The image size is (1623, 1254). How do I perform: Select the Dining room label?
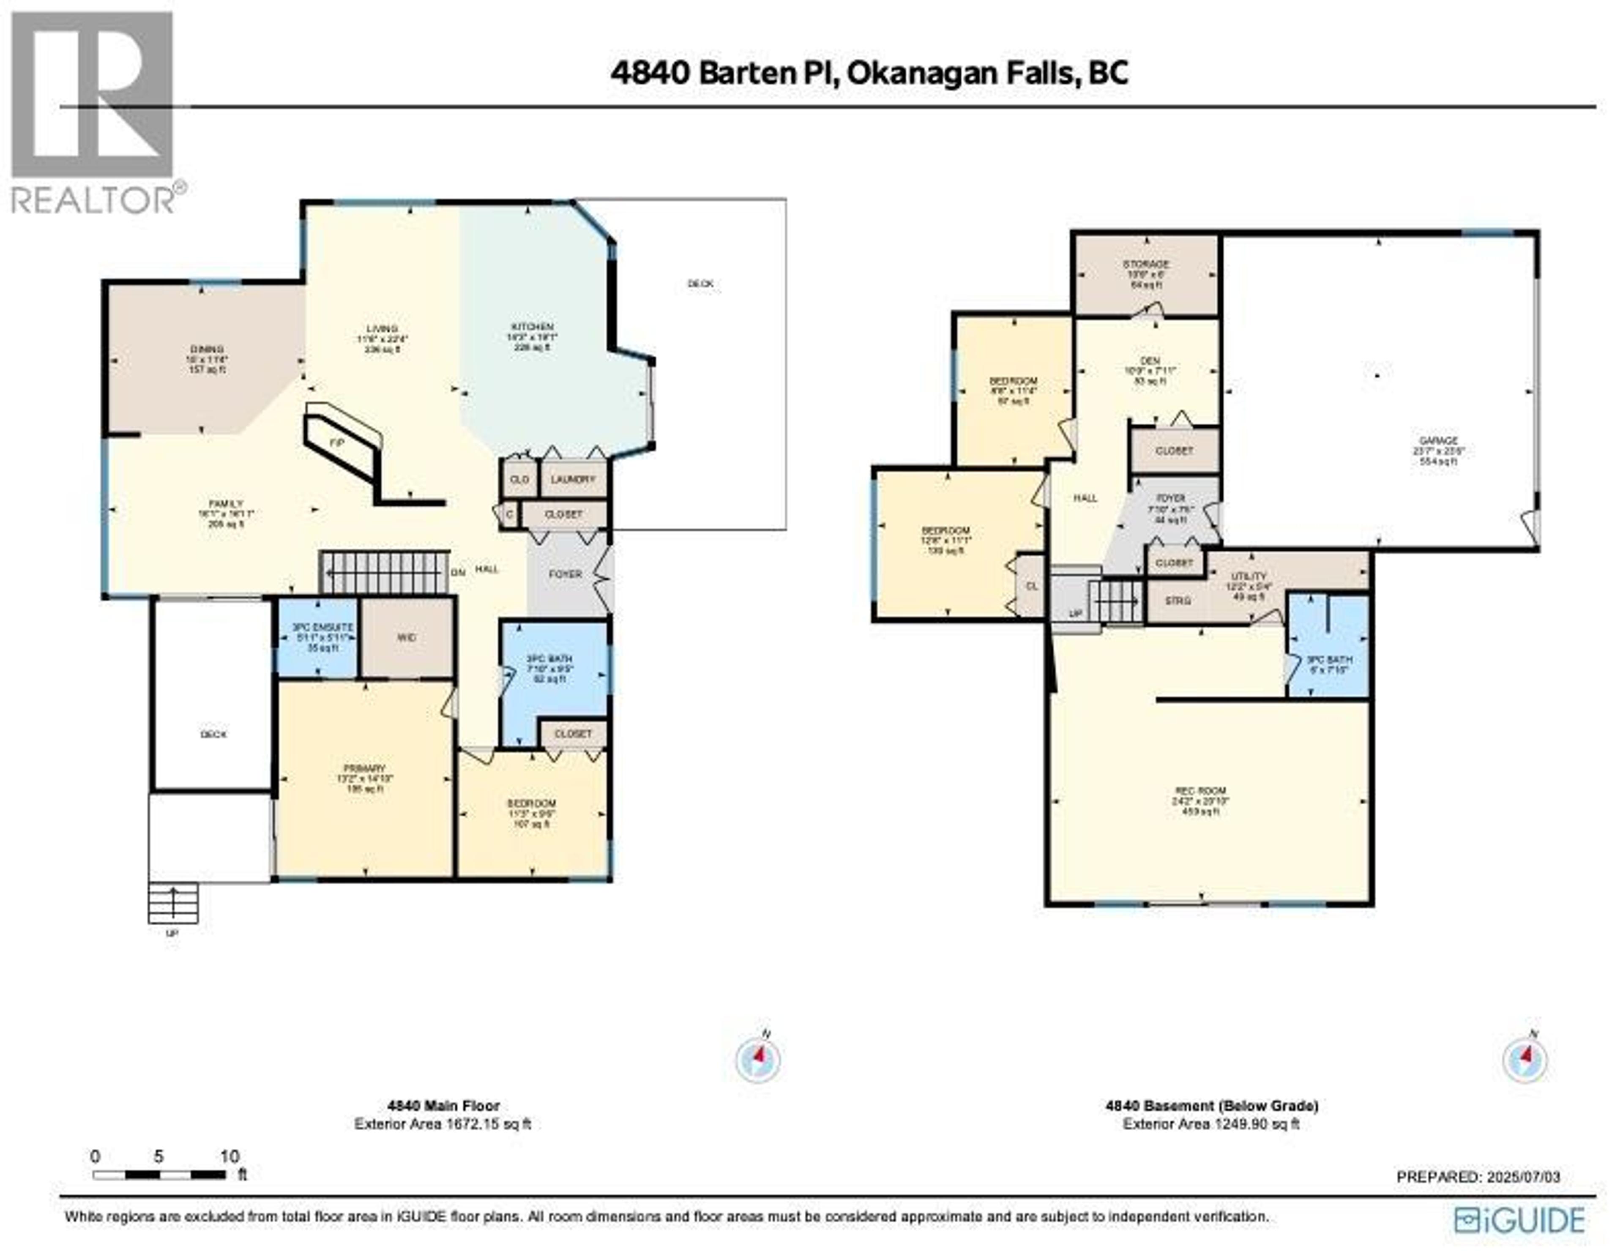pyautogui.click(x=206, y=350)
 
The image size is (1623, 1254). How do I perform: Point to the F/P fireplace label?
pyautogui.click(x=336, y=442)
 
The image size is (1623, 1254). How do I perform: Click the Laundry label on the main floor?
pyautogui.click(x=573, y=479)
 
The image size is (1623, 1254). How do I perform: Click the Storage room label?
pyautogui.click(x=1145, y=264)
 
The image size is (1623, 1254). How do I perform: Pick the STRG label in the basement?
pyautogui.click(x=1178, y=601)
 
